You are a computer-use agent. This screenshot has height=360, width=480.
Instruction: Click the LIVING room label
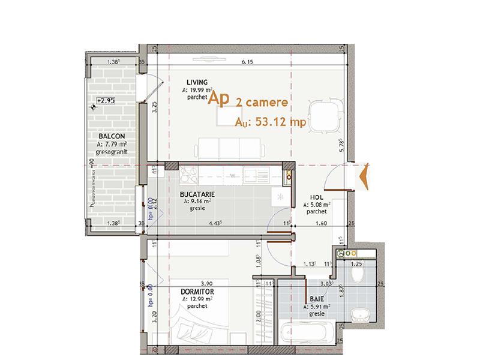197,82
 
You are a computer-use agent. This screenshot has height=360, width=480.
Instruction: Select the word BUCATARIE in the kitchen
198,195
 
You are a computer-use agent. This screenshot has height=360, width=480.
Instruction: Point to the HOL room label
316,197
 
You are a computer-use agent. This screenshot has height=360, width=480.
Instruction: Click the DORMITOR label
197,292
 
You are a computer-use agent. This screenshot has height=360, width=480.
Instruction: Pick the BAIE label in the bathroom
317,299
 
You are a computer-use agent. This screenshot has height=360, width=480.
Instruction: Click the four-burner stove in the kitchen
190,175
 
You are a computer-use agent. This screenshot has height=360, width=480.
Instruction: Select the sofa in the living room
229,147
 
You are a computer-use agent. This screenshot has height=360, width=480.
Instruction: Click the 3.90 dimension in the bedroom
207,283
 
